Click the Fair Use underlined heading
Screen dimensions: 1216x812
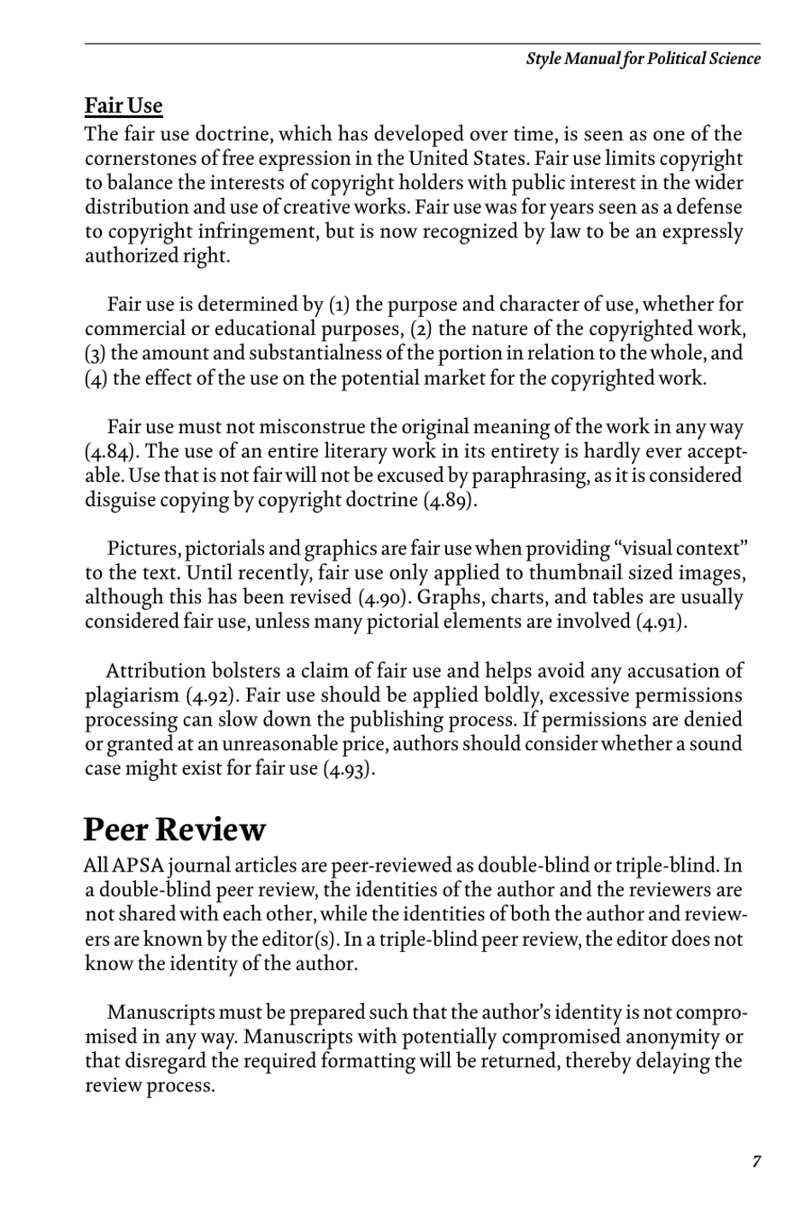[x=123, y=106]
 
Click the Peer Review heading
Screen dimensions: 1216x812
[x=174, y=830]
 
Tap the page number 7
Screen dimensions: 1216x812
[x=756, y=1160]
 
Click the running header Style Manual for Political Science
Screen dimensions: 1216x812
[x=643, y=59]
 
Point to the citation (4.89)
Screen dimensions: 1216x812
[x=450, y=500]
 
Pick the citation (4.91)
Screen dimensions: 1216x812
[x=661, y=621]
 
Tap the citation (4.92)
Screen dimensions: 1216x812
[x=212, y=696]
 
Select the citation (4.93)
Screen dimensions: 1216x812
[x=349, y=768]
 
